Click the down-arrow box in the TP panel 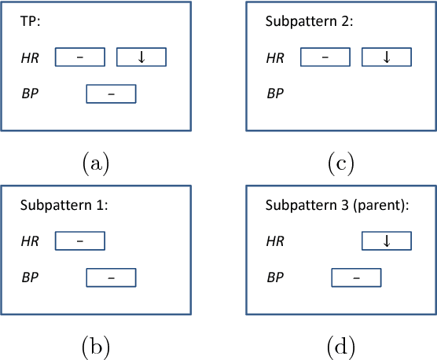click(x=141, y=57)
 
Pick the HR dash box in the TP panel click(x=79, y=57)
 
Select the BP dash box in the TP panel click(x=111, y=94)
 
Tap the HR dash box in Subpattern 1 click(x=79, y=241)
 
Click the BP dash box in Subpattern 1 click(x=111, y=277)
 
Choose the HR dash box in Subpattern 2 click(x=325, y=57)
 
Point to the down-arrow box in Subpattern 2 click(x=386, y=57)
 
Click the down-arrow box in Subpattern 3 click(x=386, y=241)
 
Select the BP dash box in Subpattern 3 click(x=356, y=277)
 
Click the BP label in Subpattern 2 click(x=275, y=94)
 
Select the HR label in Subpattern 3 click(x=275, y=241)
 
